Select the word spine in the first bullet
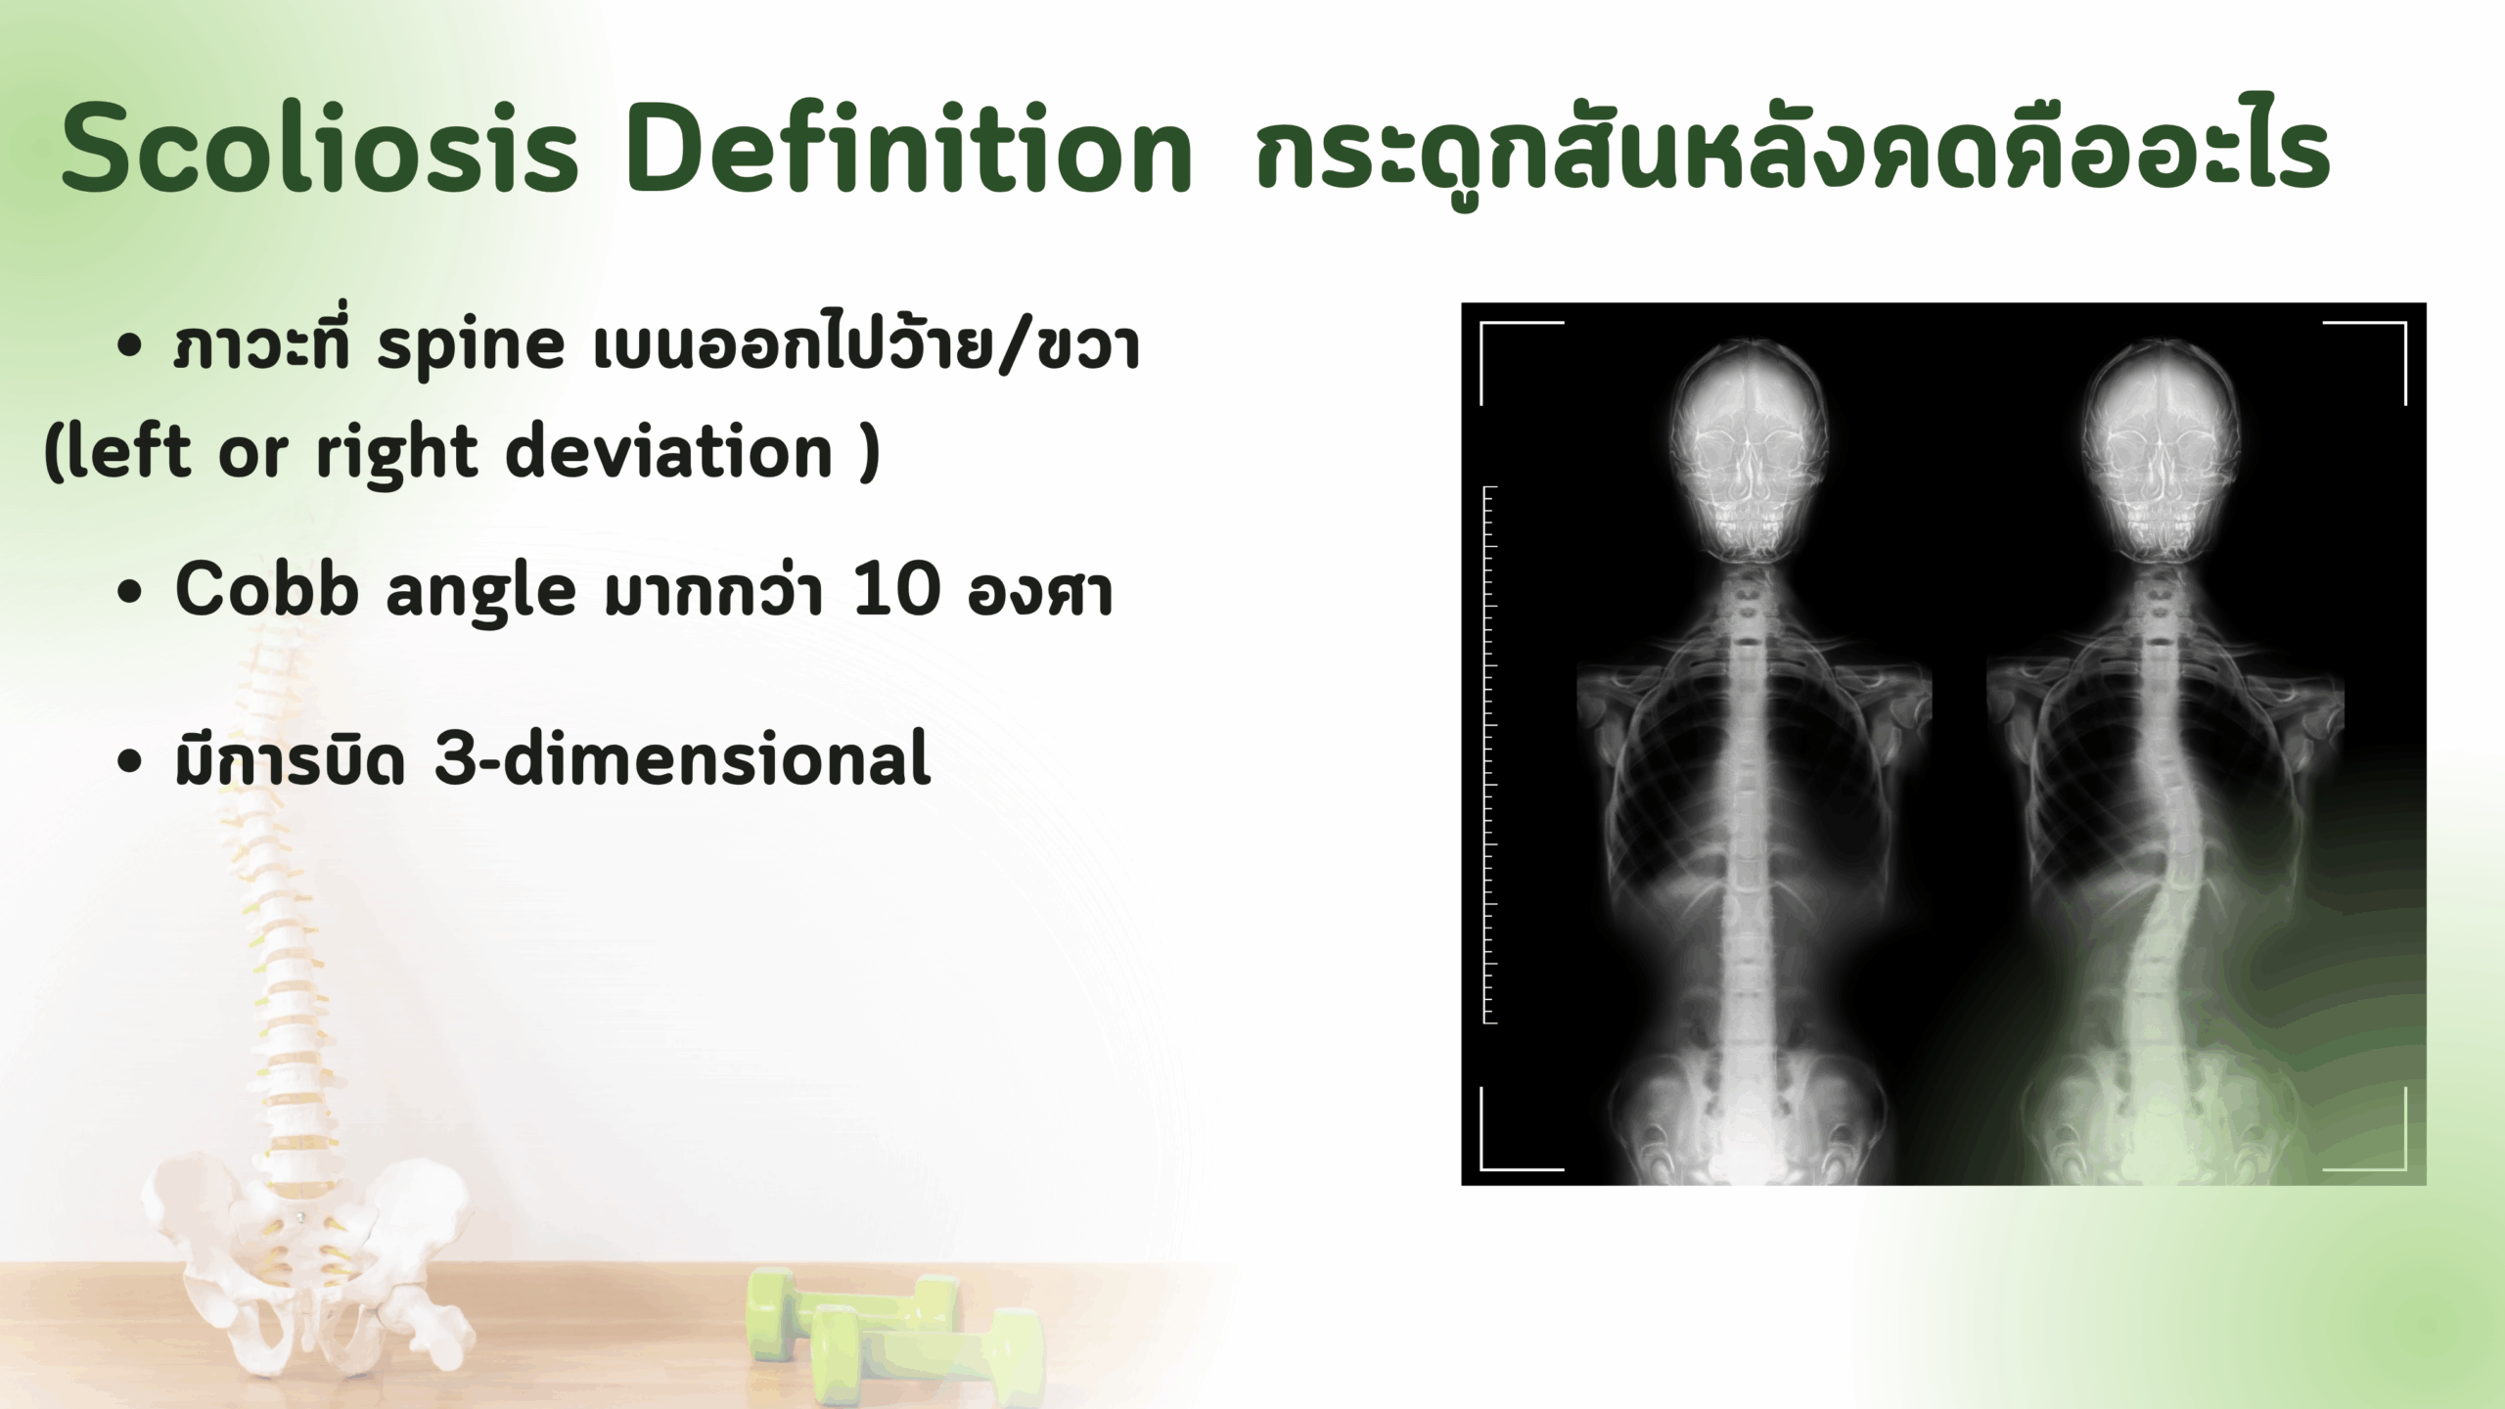(x=471, y=349)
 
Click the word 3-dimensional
(x=682, y=757)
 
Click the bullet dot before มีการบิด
(x=128, y=762)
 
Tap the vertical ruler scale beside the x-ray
(x=1490, y=754)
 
